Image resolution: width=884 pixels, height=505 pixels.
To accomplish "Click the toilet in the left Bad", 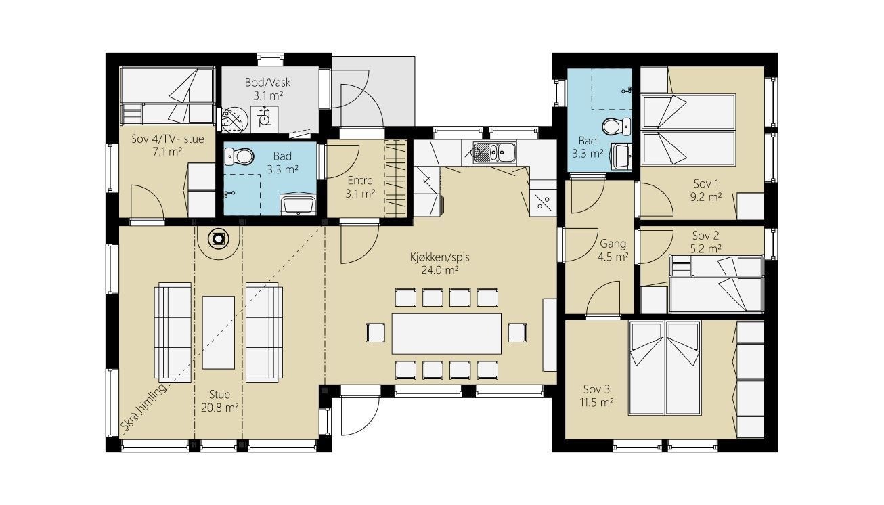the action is point(239,156).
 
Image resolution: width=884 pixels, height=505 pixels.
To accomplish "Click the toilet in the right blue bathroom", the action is point(617,126).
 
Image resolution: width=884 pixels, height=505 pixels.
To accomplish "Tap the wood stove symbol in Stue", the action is point(218,239).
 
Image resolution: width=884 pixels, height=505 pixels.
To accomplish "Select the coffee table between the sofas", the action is point(219,332).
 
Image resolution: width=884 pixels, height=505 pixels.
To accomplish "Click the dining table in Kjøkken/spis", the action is point(446,334).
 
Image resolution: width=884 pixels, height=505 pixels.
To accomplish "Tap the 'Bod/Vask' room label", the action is point(267,83).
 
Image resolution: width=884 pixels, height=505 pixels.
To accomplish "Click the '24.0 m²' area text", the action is point(440,271).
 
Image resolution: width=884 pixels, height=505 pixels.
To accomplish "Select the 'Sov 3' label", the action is point(596,389).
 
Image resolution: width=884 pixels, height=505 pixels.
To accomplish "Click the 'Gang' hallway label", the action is point(613,244).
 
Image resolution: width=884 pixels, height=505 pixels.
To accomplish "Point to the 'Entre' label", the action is point(360,181).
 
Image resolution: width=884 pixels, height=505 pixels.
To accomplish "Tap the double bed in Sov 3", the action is point(665,368).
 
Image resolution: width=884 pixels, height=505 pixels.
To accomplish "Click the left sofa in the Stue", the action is point(173,332).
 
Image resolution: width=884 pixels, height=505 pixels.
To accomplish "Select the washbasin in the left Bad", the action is point(298,204).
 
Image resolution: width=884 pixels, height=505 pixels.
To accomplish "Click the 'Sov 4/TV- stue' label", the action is point(168,139).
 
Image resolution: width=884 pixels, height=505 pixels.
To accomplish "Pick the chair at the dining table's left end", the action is point(376,332).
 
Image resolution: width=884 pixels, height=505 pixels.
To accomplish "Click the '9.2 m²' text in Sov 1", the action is point(706,197).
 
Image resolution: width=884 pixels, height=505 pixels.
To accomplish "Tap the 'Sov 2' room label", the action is point(705,236).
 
